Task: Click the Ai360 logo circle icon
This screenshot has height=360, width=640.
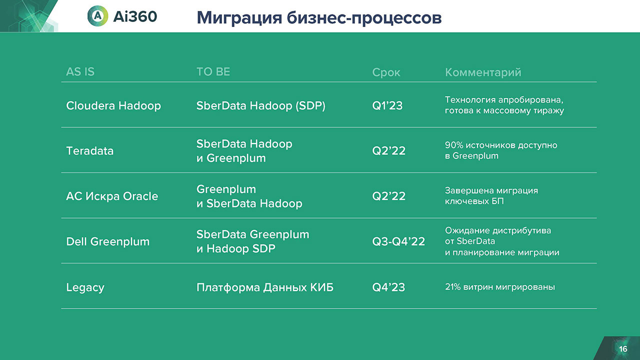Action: tap(97, 16)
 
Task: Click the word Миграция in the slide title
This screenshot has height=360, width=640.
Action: tap(239, 18)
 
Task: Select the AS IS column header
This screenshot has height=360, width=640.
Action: tap(80, 71)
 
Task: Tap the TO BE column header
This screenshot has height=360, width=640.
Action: tap(213, 71)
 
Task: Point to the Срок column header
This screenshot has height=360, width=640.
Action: tap(386, 72)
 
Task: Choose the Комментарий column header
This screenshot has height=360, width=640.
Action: tap(483, 72)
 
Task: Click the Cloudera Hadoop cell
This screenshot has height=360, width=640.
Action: tap(113, 105)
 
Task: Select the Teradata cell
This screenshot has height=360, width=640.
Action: tap(89, 151)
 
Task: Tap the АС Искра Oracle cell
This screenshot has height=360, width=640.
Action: tap(112, 196)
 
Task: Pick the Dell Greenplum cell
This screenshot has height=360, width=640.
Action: tap(107, 241)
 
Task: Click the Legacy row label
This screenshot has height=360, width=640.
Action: tap(85, 287)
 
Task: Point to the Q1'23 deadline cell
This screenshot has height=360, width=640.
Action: tap(387, 105)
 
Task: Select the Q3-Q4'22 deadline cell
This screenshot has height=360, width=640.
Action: tap(398, 241)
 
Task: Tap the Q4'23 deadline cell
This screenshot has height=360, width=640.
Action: tap(388, 287)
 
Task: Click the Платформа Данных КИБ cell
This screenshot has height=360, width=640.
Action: tap(265, 287)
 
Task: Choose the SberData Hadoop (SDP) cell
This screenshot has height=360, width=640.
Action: tap(261, 105)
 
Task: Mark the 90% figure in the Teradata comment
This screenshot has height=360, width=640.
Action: tap(454, 145)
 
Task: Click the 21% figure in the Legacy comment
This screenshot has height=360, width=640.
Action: tap(452, 287)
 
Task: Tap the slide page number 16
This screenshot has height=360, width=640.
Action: tap(623, 349)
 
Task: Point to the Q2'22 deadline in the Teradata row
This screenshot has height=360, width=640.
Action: tap(389, 151)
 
